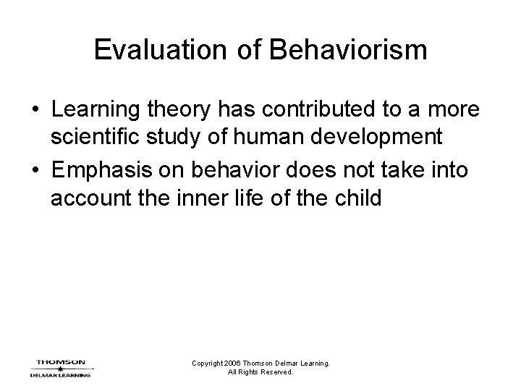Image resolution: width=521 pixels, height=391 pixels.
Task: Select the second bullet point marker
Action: click(x=34, y=171)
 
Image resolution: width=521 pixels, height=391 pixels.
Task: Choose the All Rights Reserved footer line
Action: click(x=260, y=373)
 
